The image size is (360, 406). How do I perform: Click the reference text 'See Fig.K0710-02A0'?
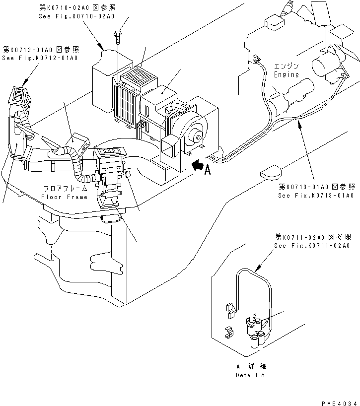click(x=76, y=16)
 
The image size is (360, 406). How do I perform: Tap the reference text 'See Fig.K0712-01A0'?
click(x=40, y=58)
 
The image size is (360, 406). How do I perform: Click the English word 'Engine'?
click(x=287, y=74)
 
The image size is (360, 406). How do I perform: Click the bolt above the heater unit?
click(x=119, y=34)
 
